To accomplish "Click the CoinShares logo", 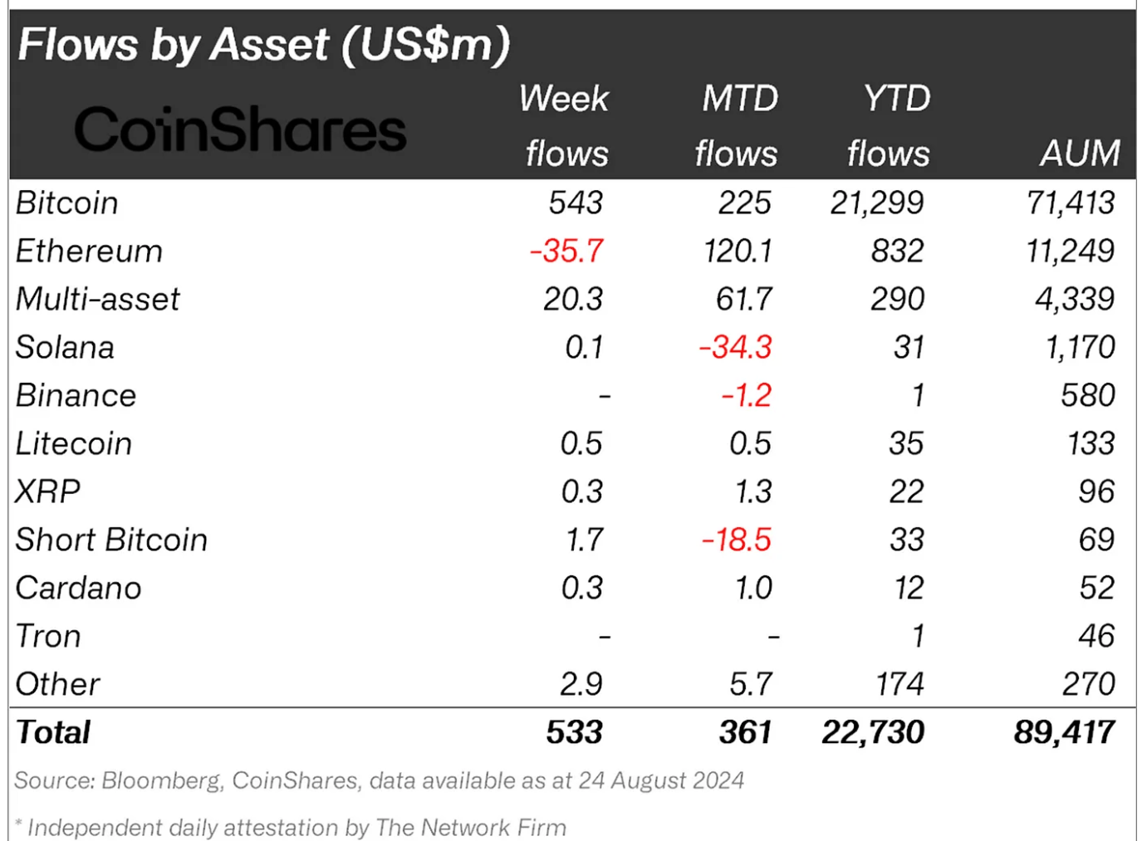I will (240, 130).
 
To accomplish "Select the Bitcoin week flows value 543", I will (576, 203).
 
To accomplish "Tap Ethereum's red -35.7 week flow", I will (566, 251).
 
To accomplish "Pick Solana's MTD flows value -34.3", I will (735, 347).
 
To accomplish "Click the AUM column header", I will (1079, 154).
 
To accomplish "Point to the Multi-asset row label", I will (97, 299).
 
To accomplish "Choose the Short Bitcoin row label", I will (111, 540).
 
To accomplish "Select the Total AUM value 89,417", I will (1064, 732).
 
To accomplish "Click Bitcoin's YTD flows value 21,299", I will (876, 203).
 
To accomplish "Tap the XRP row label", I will (48, 491).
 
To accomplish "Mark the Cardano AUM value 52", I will (1096, 588).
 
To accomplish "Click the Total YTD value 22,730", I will (872, 732).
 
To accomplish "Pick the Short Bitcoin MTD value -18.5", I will (737, 540).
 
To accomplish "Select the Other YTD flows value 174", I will (899, 684).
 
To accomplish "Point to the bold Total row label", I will (53, 732).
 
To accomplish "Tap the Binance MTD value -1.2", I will (746, 395).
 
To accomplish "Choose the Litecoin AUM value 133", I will (1091, 443).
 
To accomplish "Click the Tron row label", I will (48, 636).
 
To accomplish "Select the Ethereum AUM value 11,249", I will (1070, 251).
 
